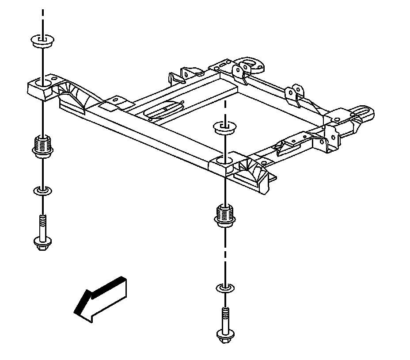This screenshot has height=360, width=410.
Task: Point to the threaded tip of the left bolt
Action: [42, 219]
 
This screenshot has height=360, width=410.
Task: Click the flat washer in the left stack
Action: [42, 191]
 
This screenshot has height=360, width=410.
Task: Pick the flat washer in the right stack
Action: [225, 289]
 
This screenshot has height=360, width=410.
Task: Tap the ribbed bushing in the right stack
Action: [225, 214]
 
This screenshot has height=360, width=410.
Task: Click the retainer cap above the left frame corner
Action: [42, 42]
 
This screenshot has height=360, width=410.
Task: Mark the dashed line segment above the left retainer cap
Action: [42, 18]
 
